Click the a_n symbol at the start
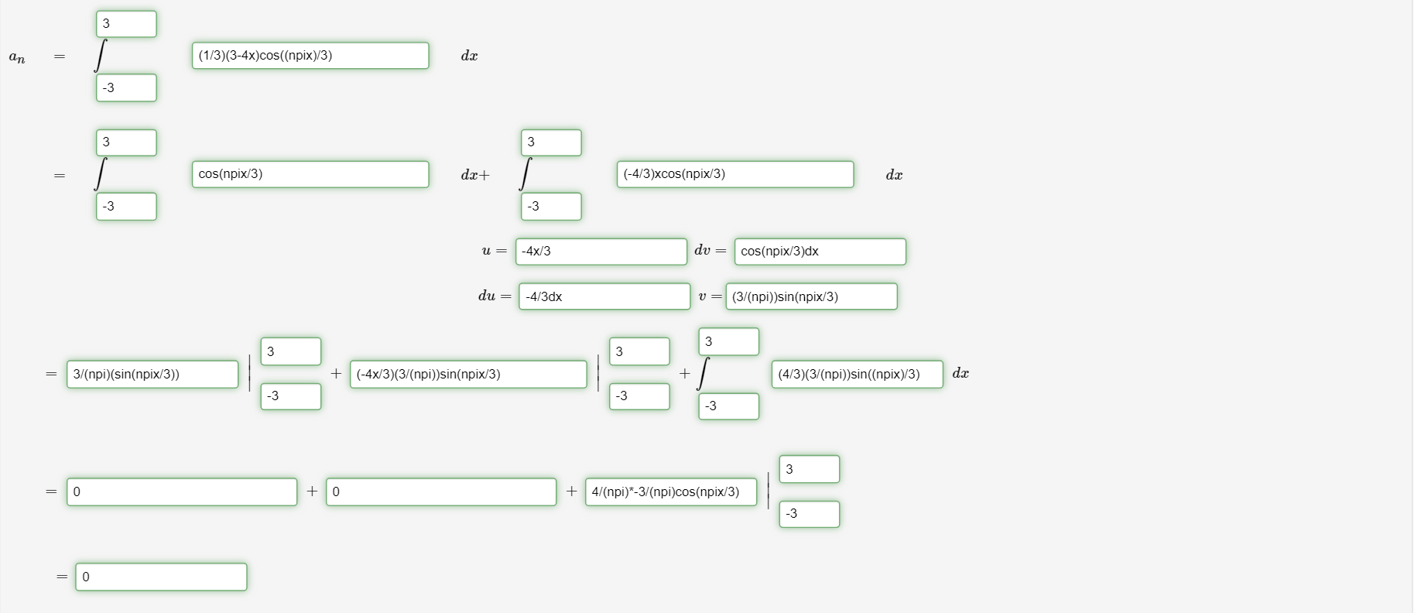coord(17,57)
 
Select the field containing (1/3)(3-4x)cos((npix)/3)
coord(310,56)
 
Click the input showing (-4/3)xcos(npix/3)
coord(735,174)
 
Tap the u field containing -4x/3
coord(601,252)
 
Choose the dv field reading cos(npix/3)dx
coord(820,252)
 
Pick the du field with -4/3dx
coord(604,296)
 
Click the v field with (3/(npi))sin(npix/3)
coord(812,296)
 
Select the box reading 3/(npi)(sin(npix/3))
coord(152,375)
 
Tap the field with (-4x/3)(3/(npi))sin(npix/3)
coord(468,375)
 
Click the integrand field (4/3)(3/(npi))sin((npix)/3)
coord(858,375)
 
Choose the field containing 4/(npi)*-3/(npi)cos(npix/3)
coord(671,492)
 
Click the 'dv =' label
coord(710,250)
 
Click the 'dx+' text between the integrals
coord(475,175)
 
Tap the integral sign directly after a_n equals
coord(100,56)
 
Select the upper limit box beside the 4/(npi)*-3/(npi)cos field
coord(810,469)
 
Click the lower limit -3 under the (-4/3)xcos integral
coord(551,207)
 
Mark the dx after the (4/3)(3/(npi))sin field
coord(960,373)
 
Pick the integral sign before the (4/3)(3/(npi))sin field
coord(703,374)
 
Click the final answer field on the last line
coord(161,577)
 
